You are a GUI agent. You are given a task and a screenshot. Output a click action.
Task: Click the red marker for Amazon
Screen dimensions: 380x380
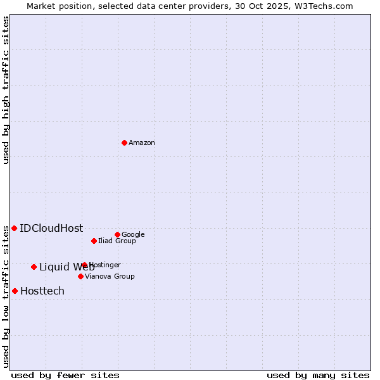[124, 142]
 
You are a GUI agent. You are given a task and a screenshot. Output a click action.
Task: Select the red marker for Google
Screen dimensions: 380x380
[117, 234]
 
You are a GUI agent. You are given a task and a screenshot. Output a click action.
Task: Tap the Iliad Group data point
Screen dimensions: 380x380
[94, 241]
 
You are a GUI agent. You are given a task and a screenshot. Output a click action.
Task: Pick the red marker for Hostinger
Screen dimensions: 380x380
[84, 265]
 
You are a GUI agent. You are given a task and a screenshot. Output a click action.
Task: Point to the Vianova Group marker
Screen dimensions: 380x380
[80, 276]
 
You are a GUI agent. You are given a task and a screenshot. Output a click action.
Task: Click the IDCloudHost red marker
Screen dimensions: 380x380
[14, 228]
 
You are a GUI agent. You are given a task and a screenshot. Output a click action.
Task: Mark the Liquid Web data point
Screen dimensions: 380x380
[34, 267]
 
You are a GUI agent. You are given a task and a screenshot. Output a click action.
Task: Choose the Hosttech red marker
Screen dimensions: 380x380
[15, 291]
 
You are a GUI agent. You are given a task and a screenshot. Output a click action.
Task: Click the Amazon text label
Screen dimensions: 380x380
[142, 143]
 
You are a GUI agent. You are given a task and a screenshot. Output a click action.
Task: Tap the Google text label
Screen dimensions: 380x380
[133, 235]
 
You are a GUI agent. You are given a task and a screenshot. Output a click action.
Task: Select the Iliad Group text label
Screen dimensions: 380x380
[117, 241]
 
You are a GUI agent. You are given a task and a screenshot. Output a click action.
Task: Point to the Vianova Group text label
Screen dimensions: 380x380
[110, 277]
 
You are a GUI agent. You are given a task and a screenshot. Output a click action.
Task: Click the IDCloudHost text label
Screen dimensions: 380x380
[51, 229]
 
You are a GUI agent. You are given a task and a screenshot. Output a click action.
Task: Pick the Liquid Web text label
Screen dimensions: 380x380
[66, 267]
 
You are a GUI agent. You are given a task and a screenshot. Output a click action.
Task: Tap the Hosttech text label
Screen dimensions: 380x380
[42, 291]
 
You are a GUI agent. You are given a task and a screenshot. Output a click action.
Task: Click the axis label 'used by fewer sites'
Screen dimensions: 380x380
[65, 375]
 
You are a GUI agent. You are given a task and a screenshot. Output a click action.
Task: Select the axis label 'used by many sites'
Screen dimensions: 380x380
[318, 375]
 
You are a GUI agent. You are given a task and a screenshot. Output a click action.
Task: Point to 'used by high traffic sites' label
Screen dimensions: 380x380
[6, 90]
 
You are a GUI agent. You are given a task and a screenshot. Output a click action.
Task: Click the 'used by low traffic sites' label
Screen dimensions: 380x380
[6, 296]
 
